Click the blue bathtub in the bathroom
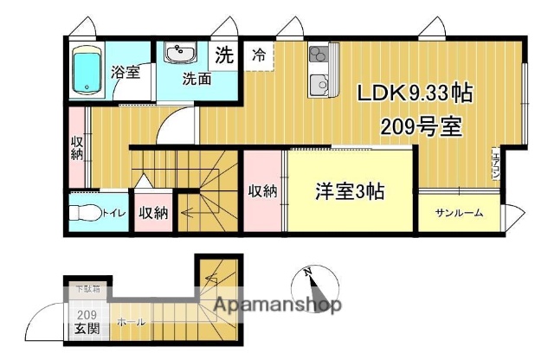[87, 71]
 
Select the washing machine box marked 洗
[223, 57]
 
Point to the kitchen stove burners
[316, 57]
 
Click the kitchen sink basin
[317, 85]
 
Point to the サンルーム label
[459, 213]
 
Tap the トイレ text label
[111, 213]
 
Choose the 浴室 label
[126, 73]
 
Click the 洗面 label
[196, 80]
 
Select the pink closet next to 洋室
[262, 191]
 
